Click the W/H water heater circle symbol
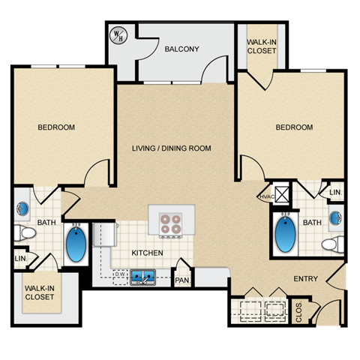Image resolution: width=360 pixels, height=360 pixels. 118,34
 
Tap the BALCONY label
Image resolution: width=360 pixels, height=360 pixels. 181,49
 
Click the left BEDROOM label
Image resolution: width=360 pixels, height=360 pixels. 56,127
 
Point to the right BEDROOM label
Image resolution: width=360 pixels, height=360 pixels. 294,127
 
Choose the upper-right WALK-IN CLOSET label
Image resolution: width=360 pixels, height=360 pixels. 262,46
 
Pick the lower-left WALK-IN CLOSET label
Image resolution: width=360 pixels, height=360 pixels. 38,292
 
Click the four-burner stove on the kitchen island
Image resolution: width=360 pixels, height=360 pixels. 171,223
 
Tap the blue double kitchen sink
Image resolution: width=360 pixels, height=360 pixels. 143,277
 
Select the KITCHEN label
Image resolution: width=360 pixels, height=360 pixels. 148,253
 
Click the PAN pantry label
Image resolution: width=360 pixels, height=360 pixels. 182,280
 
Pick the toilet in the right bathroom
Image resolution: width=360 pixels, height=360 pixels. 331,244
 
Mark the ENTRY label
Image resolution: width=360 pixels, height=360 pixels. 305,279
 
